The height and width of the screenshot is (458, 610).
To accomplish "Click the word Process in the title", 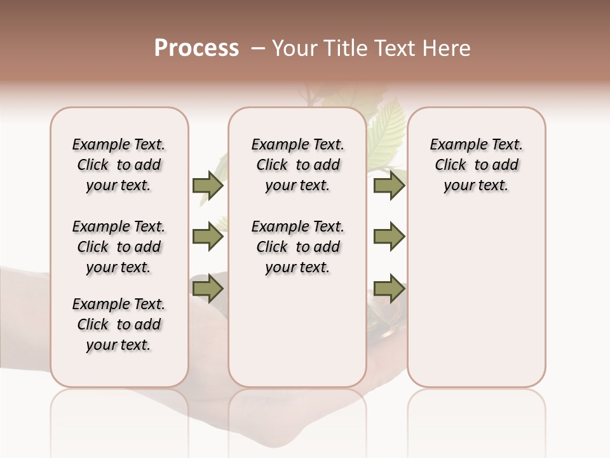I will pos(196,48).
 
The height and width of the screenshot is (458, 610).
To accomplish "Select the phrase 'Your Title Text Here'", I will pos(371,48).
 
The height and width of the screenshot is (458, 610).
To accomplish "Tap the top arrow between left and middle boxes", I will pos(208,185).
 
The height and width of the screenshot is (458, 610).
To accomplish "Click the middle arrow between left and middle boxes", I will pos(208,237).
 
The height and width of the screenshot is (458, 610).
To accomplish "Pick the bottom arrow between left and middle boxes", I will pos(208,289).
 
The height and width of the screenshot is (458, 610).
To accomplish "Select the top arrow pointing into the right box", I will pos(389,185).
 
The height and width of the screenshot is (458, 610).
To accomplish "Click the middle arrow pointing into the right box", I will pos(389,237).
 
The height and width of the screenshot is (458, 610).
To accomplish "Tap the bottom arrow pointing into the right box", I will pos(389,289).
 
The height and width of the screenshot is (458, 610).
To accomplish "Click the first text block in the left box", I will pos(119,165).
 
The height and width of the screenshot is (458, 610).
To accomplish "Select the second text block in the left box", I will pos(119,247).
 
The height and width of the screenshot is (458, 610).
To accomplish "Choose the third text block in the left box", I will pos(119,324).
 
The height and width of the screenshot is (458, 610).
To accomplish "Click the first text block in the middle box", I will pos(298,165).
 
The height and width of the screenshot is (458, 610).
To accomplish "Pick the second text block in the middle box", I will pos(298,247).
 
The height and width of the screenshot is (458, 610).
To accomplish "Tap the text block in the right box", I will pos(477,165).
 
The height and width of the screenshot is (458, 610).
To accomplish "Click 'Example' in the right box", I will pos(452,145).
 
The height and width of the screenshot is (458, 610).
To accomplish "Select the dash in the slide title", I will pos(257,48).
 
